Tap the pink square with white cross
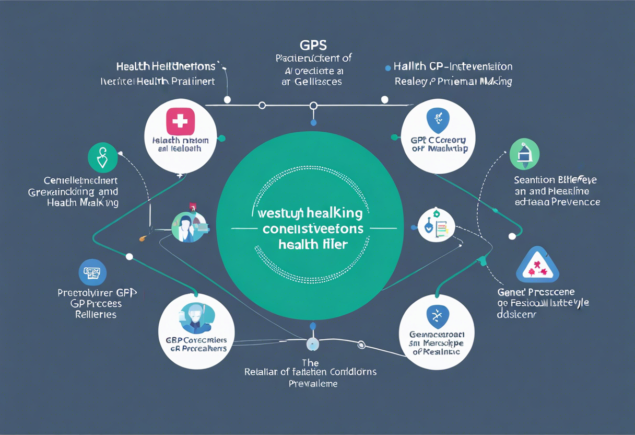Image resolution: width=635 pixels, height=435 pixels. (180, 121)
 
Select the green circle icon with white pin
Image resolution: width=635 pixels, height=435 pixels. (103, 157)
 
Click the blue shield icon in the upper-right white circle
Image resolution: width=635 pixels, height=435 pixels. (438, 120)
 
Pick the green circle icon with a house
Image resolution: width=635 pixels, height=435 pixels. (524, 154)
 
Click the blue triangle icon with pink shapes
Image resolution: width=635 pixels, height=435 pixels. (537, 265)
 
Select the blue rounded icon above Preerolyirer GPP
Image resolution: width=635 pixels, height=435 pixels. (92, 272)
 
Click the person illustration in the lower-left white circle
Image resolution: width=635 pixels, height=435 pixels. (196, 318)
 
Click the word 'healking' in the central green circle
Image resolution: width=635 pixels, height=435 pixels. (335, 213)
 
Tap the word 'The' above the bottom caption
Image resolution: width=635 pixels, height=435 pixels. (310, 362)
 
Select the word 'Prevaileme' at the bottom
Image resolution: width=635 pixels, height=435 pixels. (313, 384)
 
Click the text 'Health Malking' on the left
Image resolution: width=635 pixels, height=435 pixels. (83, 203)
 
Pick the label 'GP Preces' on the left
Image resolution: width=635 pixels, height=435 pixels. (96, 304)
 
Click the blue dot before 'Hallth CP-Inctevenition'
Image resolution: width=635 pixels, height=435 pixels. (387, 67)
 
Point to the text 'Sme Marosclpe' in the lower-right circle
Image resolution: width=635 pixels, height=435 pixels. (437, 342)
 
